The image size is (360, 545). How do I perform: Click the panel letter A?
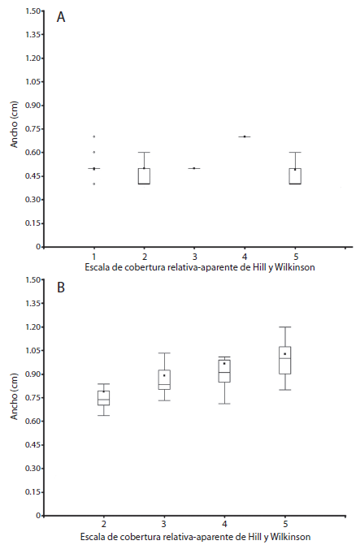[61, 18]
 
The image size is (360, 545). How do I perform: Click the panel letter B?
[61, 287]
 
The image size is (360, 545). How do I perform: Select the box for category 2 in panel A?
[144, 176]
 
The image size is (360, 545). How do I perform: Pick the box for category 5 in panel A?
[296, 176]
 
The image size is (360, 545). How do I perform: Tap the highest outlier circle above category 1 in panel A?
[94, 136]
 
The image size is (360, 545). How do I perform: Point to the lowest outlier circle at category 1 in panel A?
[94, 184]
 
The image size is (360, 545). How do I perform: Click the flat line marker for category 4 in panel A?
[245, 136]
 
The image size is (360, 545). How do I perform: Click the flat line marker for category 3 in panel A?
[194, 168]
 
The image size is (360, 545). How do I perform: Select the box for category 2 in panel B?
[103, 398]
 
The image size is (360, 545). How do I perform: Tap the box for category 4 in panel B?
[224, 370]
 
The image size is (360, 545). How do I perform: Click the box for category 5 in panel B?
[284, 361]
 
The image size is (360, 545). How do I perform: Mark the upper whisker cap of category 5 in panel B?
[284, 327]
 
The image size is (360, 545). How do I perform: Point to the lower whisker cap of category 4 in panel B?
[224, 404]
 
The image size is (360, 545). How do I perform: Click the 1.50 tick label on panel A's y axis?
[30, 11]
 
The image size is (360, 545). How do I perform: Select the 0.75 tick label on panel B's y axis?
[30, 398]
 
